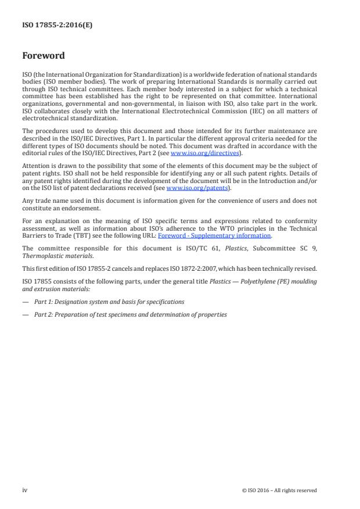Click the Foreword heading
point(43,56)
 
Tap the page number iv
point(25,490)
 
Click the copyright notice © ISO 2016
point(279,490)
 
